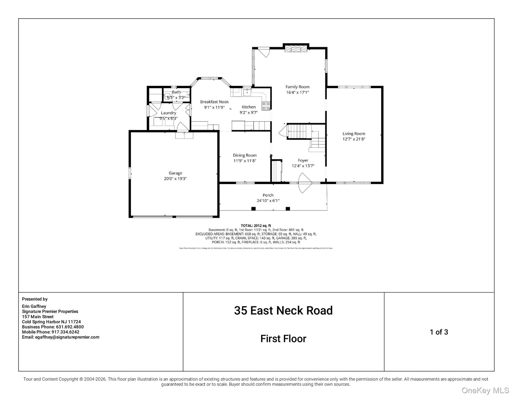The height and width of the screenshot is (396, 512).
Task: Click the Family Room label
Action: click(297, 87)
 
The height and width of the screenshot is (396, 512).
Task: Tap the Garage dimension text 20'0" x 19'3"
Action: click(175, 178)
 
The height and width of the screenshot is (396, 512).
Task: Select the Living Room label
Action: click(354, 134)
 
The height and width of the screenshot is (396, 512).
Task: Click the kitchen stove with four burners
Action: click(266, 106)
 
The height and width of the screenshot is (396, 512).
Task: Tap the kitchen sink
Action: click(247, 92)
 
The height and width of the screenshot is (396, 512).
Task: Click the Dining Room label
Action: click(245, 155)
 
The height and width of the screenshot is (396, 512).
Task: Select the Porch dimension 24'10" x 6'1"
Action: click(268, 201)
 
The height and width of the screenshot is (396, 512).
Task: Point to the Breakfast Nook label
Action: click(214, 102)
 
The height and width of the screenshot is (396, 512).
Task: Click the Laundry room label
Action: click(168, 113)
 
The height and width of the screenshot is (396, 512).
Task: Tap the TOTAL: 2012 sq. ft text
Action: click(256, 226)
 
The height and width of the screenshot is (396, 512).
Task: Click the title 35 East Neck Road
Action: click(283, 310)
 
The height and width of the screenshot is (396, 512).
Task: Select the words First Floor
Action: click(283, 339)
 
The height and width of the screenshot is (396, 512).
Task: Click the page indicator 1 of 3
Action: click(439, 332)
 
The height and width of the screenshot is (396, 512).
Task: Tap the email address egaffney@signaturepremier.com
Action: click(67, 337)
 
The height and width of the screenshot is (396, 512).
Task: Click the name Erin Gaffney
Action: click(34, 306)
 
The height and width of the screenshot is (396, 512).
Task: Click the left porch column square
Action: click(253, 209)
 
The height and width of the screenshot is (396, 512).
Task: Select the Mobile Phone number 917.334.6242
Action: click(65, 332)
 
